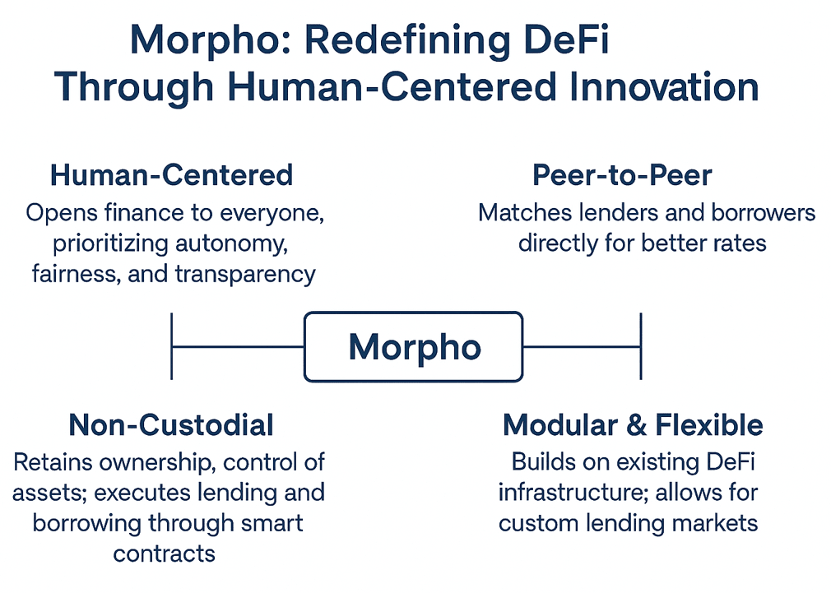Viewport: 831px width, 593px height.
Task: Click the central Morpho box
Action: pos(413,346)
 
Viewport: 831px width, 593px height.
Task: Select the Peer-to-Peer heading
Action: pos(622,175)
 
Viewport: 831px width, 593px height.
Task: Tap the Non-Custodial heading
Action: pos(171,424)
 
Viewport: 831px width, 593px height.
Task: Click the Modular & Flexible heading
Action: pos(633,424)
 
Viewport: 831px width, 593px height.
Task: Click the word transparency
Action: pos(245,274)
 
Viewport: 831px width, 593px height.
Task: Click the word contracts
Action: pos(165,553)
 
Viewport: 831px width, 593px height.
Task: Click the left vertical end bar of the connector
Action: pos(172,346)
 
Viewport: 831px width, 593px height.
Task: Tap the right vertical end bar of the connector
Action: pos(640,346)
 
